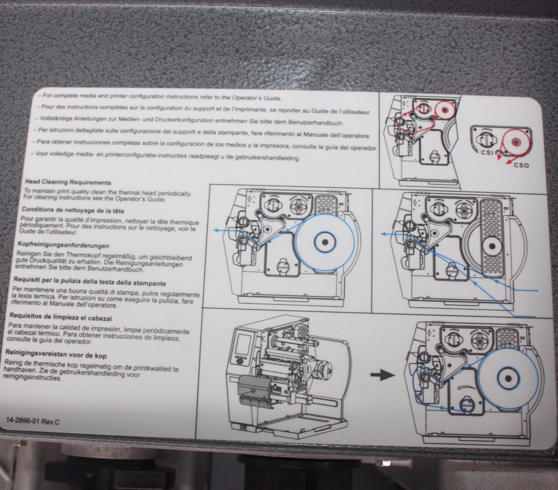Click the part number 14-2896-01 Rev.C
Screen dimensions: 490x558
tap(33, 421)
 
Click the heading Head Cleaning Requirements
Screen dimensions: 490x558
tap(68, 182)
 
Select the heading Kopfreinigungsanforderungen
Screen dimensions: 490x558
tap(63, 246)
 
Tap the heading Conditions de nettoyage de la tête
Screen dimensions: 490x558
tap(73, 211)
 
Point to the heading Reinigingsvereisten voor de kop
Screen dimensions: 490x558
tap(56, 355)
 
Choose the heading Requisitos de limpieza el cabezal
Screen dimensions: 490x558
tap(61, 318)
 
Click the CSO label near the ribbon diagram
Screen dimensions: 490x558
tap(521, 165)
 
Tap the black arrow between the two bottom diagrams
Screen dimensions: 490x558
tap(382, 375)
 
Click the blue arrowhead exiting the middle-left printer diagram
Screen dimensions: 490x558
tap(216, 230)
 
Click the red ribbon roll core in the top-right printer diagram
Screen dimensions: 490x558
tap(444, 110)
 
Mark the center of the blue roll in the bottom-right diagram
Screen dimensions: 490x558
tap(508, 378)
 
